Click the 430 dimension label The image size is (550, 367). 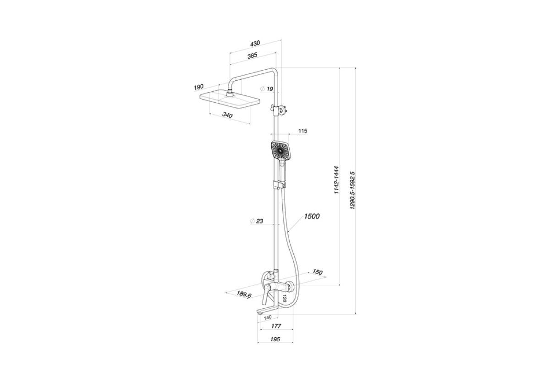[255, 44]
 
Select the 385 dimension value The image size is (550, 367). [252, 56]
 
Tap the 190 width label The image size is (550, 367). [199, 87]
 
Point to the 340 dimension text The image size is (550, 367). [227, 115]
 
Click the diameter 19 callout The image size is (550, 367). [267, 89]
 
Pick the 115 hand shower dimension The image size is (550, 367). [303, 131]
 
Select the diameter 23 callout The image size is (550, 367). [257, 221]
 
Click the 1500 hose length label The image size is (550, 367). [312, 217]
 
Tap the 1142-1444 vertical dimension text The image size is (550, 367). [336, 180]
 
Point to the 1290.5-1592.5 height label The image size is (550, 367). [352, 190]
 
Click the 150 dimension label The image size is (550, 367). [317, 272]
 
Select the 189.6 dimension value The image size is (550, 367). [244, 295]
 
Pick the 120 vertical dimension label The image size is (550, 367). [284, 298]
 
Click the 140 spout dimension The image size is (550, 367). [267, 317]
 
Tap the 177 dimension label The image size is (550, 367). [276, 326]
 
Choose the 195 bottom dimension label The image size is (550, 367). [275, 339]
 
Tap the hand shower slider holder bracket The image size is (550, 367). [280, 185]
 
